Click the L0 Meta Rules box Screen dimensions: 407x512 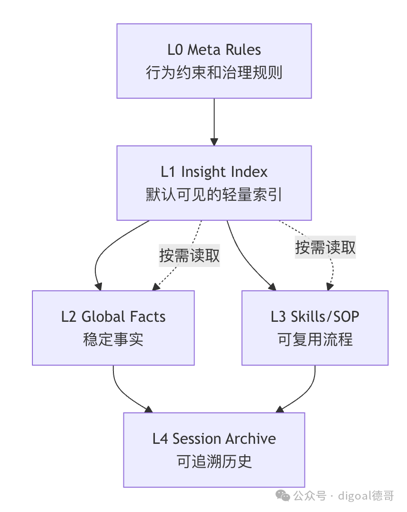coord(214,61)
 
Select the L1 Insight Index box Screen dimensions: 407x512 coord(214,183)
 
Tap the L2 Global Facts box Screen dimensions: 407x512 coord(113,328)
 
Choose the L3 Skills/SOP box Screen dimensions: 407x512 coord(315,328)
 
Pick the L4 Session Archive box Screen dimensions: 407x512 coord(214,450)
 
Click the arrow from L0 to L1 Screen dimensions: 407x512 coord(214,122)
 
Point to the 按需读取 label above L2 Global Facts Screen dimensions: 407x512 coord(189,256)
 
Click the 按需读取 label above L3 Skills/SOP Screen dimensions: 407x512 coord(325,247)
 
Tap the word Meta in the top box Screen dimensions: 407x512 coord(204,50)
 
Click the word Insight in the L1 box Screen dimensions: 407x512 coord(202,172)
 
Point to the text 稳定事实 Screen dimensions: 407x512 coord(113,339)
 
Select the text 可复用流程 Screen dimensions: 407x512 coord(315,339)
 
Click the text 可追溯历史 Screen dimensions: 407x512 coord(214,462)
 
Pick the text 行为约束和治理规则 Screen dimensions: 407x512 coord(214,72)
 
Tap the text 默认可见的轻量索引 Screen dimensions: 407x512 coord(214,195)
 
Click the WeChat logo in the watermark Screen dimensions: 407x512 coord(283,496)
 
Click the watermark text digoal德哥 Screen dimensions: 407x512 coord(366,496)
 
